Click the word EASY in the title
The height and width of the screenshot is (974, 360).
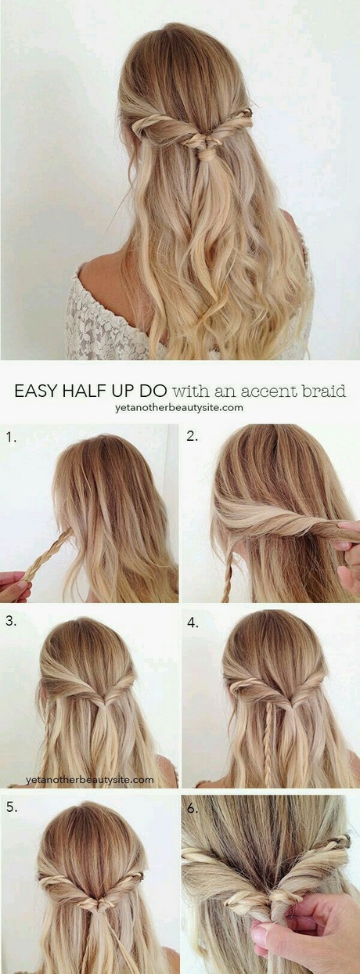click(36, 391)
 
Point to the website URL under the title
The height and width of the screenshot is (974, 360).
click(178, 408)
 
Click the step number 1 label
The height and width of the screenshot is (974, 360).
click(11, 438)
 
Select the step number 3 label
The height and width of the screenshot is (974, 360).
click(11, 622)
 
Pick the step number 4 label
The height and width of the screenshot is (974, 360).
click(193, 623)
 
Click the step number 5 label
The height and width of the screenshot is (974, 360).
click(12, 807)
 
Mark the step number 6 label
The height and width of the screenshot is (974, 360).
click(193, 810)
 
